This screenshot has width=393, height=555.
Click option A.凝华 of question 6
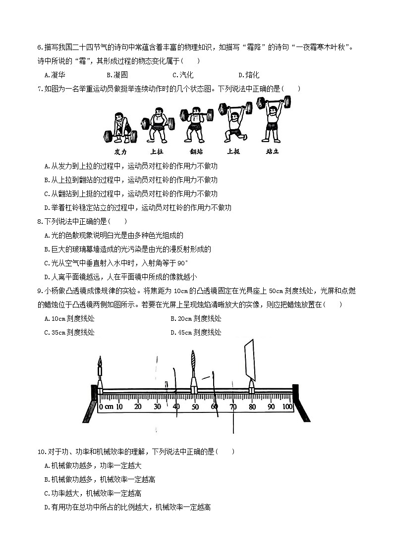pos(55,75)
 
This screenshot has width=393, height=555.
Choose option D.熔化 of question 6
pos(248,75)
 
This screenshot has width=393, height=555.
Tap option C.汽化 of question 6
pos(182,75)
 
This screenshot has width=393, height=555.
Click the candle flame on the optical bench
pos(100,364)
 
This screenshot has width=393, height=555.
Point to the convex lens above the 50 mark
pos(193,364)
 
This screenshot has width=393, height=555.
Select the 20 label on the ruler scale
pos(137,407)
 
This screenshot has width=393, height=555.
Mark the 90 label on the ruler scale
pos(271,407)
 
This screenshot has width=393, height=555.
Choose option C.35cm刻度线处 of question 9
pos(69,332)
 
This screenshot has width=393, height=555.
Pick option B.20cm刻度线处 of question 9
pos(196,318)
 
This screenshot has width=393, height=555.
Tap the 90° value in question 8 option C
pos(183,263)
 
